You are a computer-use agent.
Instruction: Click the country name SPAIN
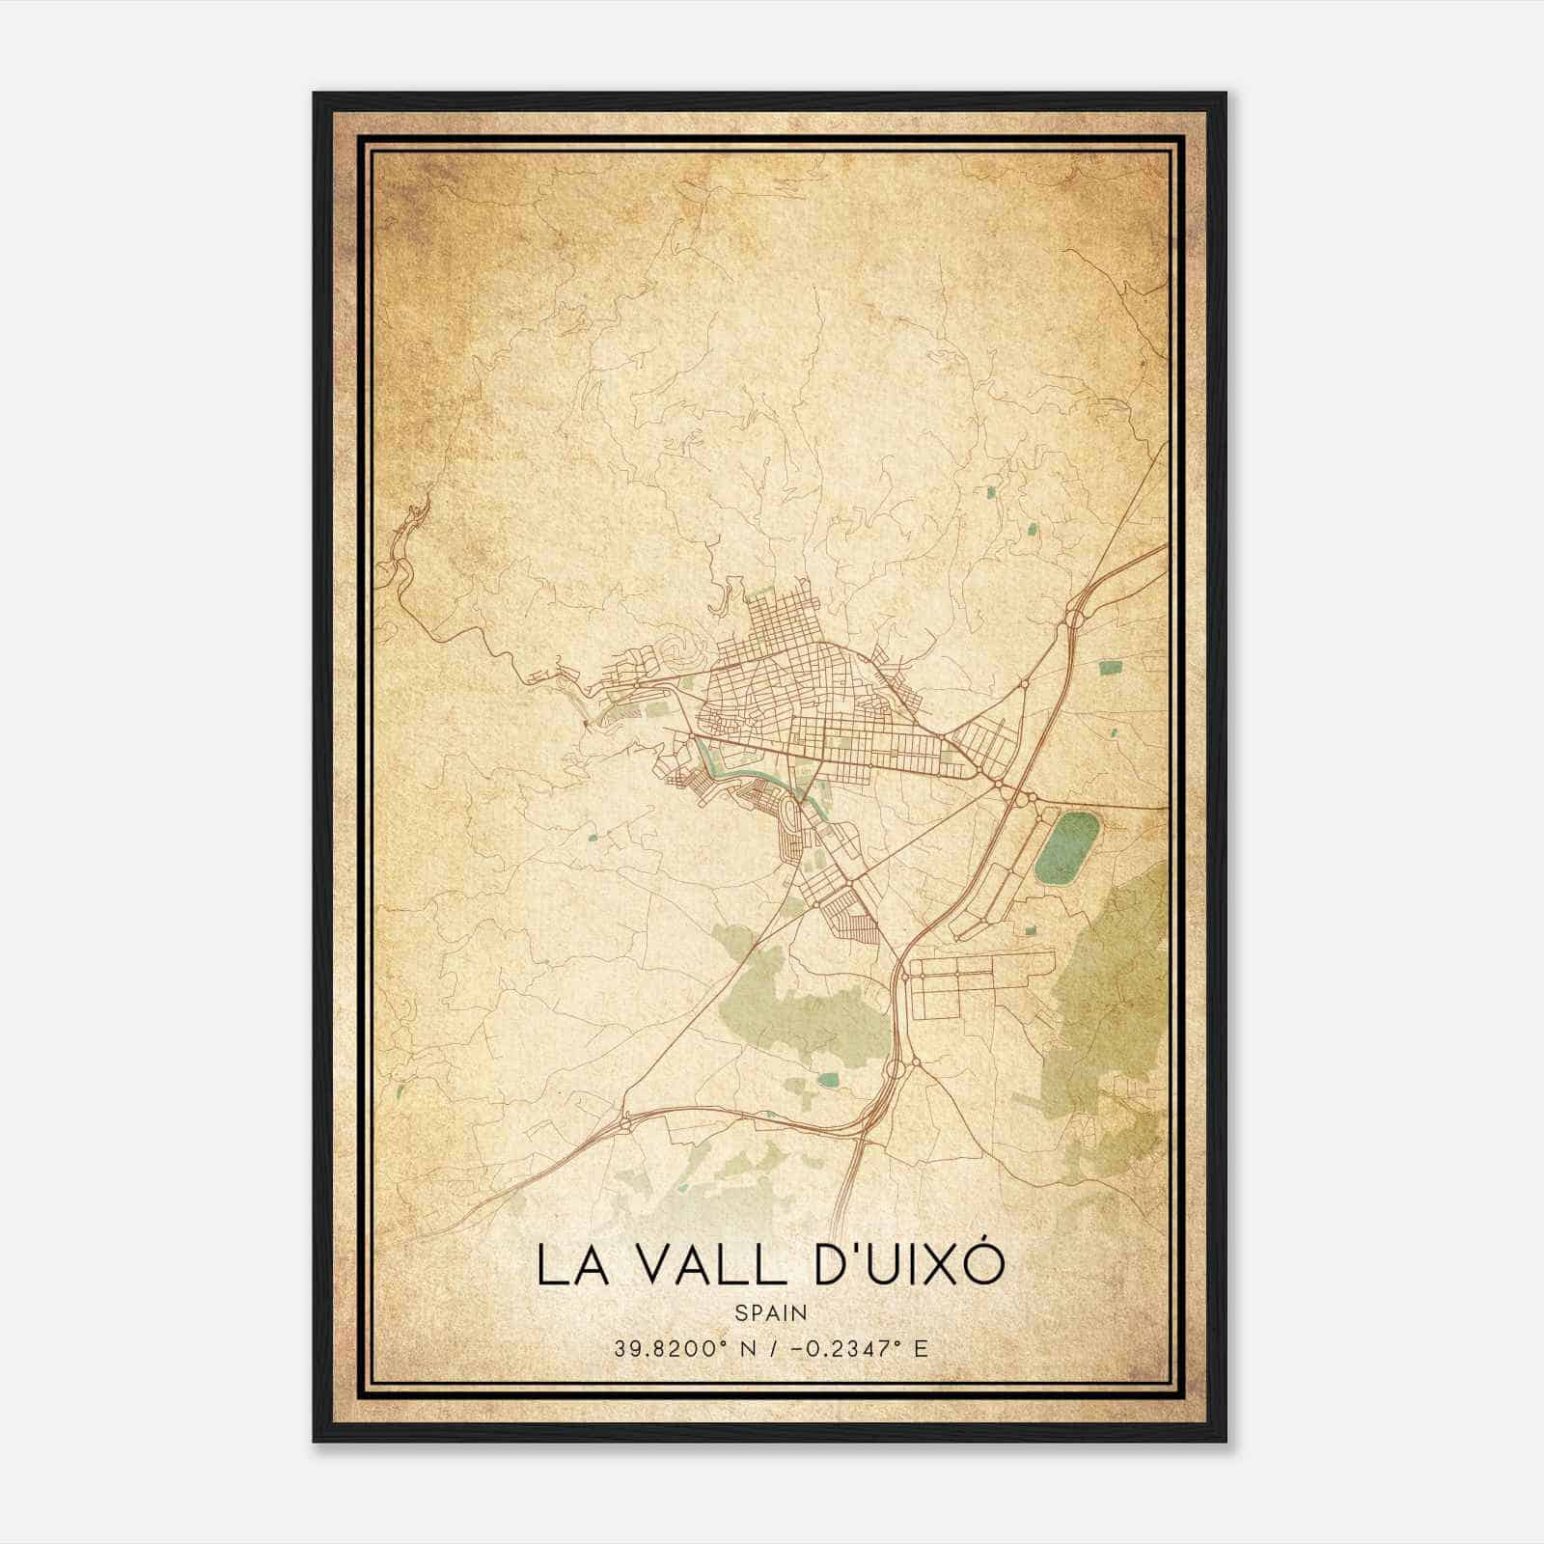click(x=771, y=1312)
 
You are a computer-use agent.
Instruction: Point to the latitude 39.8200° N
click(x=676, y=1348)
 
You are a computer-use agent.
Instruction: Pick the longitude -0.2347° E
click(x=862, y=1348)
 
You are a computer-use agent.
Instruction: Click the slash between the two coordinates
click(x=772, y=1348)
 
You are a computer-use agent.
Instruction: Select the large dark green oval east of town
click(x=1066, y=848)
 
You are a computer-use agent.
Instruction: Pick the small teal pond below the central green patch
click(x=827, y=1079)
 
